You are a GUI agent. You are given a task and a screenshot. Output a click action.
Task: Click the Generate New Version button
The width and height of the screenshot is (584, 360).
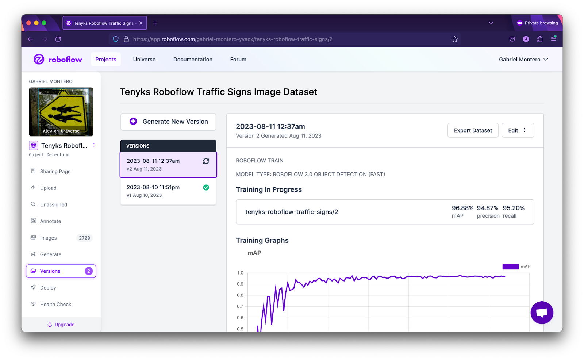(x=168, y=122)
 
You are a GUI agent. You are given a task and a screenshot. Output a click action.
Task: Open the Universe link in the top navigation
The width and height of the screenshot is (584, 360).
(x=144, y=60)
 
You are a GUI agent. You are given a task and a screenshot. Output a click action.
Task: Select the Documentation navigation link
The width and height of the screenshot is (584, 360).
(x=193, y=60)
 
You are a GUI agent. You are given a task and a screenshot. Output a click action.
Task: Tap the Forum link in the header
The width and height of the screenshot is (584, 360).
(x=238, y=60)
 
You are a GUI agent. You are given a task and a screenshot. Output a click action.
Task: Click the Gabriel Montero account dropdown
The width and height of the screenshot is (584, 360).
(x=523, y=60)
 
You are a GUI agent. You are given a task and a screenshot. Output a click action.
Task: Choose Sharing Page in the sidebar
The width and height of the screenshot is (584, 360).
(x=55, y=171)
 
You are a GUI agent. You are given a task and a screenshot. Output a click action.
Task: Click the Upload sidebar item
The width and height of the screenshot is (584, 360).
(x=48, y=188)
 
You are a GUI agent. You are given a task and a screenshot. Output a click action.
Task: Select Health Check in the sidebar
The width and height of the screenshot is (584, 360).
(x=55, y=304)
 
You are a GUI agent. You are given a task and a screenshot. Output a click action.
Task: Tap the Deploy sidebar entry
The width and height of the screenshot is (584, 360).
(x=48, y=288)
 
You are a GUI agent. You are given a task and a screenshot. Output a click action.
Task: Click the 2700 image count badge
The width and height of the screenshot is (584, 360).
(x=84, y=238)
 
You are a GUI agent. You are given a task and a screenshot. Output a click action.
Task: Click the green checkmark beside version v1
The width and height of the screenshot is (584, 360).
(x=206, y=187)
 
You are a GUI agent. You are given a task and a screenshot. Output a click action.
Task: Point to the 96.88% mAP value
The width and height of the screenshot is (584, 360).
(x=462, y=208)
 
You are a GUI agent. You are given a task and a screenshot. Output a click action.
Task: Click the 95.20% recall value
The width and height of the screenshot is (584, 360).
(x=514, y=208)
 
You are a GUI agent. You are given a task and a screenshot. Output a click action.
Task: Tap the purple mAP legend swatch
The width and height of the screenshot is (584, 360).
(x=510, y=267)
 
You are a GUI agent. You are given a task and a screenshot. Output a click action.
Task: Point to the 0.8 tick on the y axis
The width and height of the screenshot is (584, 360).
(x=240, y=295)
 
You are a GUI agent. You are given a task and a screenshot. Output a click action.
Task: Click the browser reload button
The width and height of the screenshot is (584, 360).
(x=58, y=39)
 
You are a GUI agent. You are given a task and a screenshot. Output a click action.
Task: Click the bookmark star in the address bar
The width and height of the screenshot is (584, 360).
(x=454, y=39)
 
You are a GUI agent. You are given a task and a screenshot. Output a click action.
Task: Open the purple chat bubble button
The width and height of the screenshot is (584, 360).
(x=542, y=313)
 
